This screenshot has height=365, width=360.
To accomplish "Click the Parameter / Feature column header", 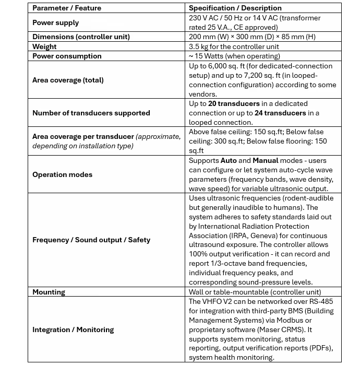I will click(x=67, y=8).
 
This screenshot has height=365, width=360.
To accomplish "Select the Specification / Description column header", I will click(x=235, y=8).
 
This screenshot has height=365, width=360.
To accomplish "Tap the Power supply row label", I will click(x=56, y=23).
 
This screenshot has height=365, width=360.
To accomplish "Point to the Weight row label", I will click(x=44, y=47).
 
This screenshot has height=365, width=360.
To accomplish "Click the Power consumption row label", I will click(x=67, y=56).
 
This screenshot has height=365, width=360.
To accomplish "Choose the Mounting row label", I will click(x=49, y=292).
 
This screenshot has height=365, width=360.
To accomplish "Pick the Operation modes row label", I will click(x=62, y=175).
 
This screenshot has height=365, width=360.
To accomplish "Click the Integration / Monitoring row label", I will click(x=73, y=330).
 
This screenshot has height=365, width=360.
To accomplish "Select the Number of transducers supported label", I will click(x=91, y=113).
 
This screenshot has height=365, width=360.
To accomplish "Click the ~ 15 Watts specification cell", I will click(x=234, y=56).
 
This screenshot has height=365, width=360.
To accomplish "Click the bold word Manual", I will click(x=266, y=161).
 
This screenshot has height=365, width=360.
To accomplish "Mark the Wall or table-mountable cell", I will click(x=255, y=292).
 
